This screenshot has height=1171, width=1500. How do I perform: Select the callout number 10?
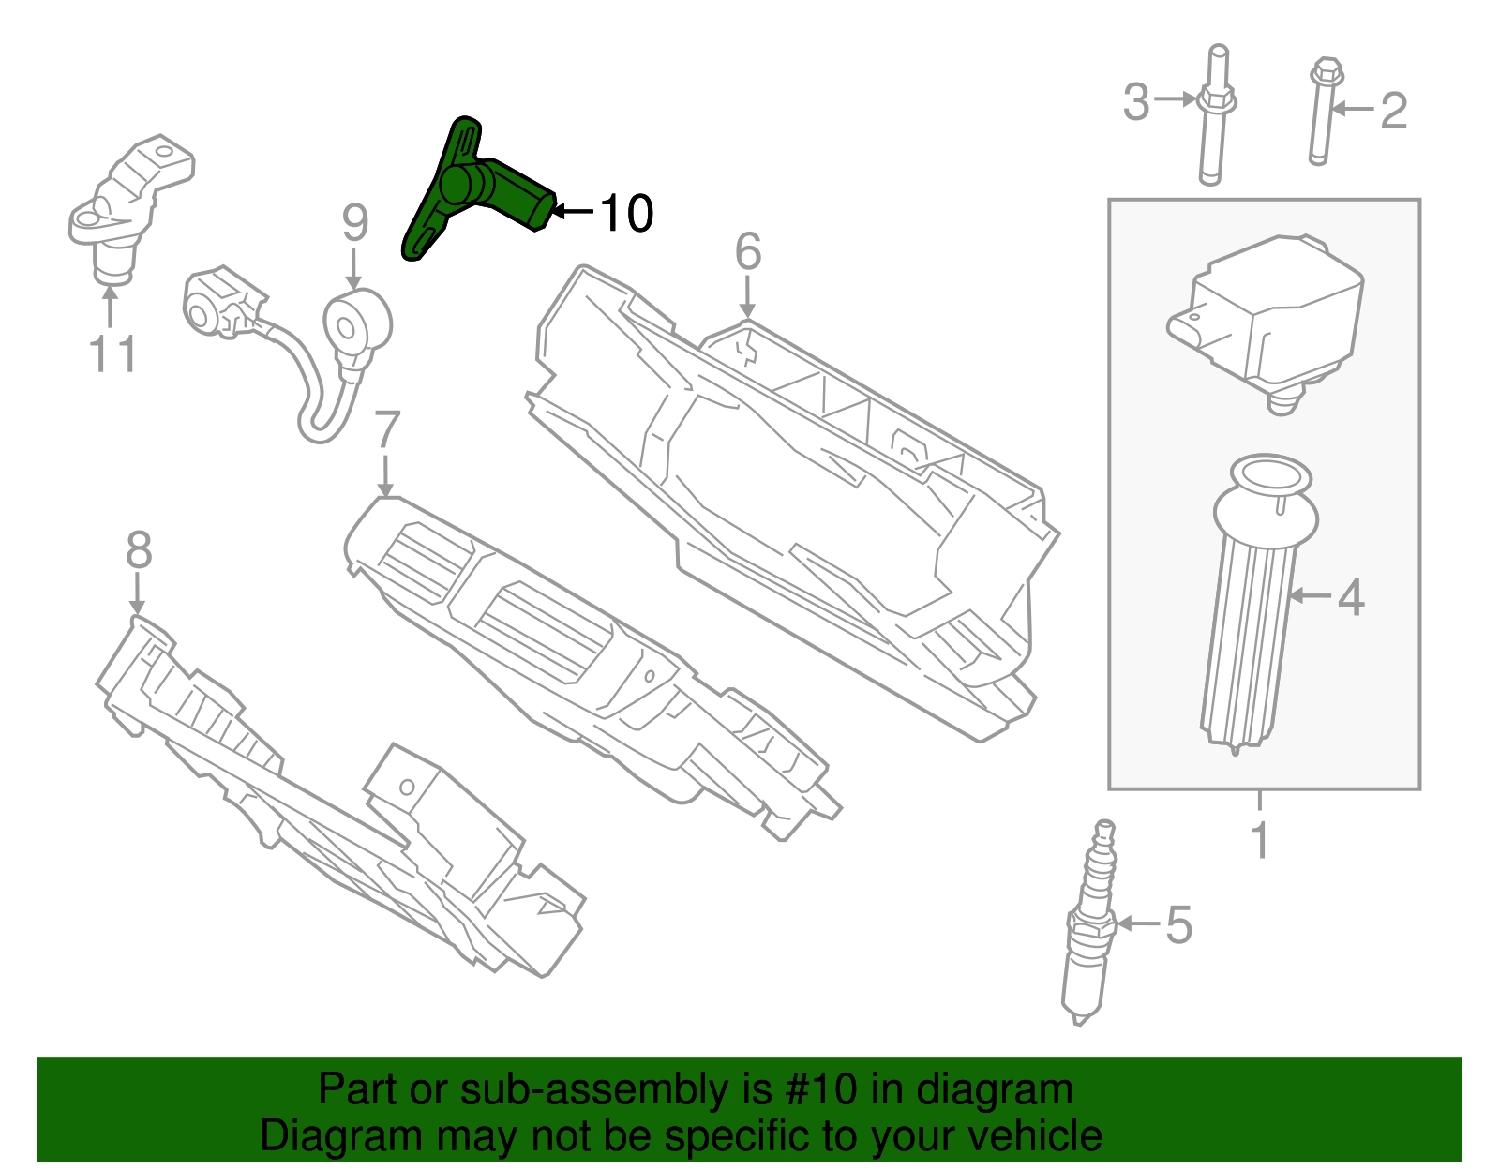click(x=625, y=214)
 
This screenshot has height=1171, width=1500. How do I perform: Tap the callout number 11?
click(x=112, y=355)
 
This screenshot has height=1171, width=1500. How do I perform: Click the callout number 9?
click(x=354, y=223)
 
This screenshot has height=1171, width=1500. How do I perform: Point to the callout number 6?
click(x=747, y=251)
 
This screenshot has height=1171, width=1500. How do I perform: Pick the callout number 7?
click(x=386, y=430)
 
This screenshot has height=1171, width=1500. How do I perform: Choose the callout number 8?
click(x=139, y=550)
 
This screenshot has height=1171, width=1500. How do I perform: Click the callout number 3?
click(x=1135, y=101)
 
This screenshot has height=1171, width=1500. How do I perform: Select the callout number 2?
click(x=1394, y=111)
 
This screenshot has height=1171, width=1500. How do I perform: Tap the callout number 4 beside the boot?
click(x=1350, y=597)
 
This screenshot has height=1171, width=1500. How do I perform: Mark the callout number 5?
click(x=1178, y=925)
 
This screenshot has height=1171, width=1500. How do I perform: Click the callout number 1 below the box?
click(x=1260, y=841)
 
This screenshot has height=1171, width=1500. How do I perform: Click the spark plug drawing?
click(x=1090, y=928)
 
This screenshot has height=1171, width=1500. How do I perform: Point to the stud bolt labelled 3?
click(x=1213, y=117)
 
